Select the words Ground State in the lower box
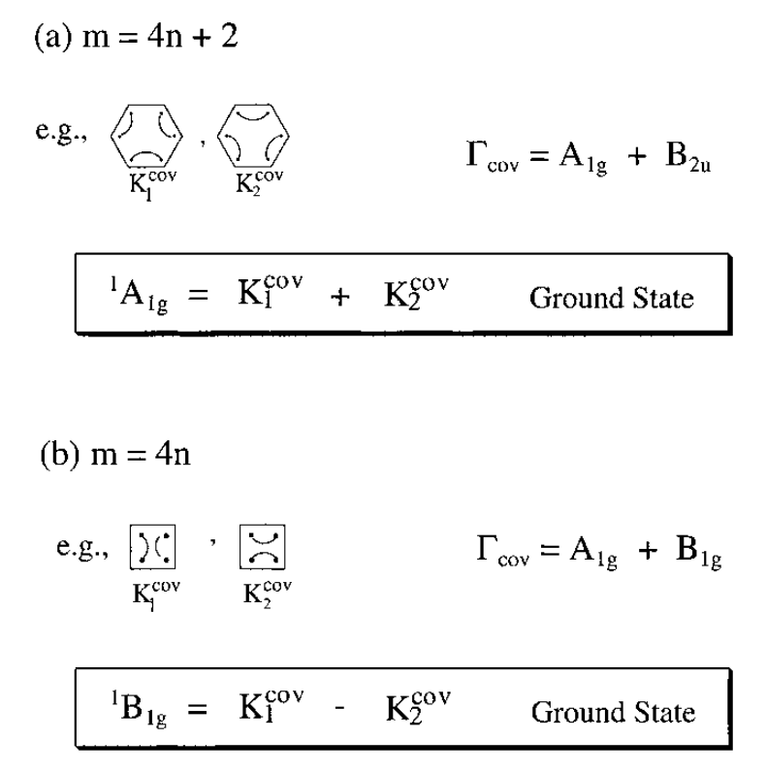612,715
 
